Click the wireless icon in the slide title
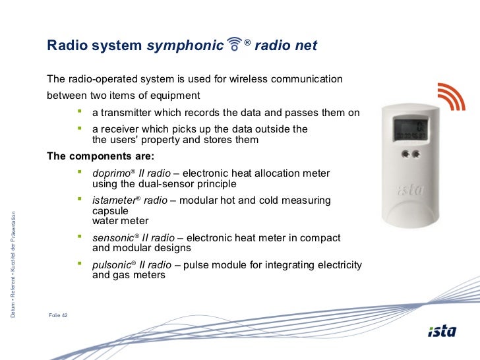pyautogui.click(x=235, y=44)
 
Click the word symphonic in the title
pyautogui.click(x=185, y=45)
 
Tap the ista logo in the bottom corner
pyautogui.click(x=442, y=331)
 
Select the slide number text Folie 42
pyautogui.click(x=58, y=315)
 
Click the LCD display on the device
pyautogui.click(x=410, y=130)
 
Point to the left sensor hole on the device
pyautogui.click(x=405, y=154)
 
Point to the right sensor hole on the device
pyautogui.click(x=416, y=154)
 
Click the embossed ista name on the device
pyautogui.click(x=411, y=190)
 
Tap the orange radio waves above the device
pyautogui.click(x=452, y=96)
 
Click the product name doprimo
pyautogui.click(x=111, y=173)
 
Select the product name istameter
pyautogui.click(x=114, y=200)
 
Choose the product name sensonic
pyautogui.click(x=113, y=238)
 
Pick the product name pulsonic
pyautogui.click(x=112, y=265)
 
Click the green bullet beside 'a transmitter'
pyautogui.click(x=80, y=111)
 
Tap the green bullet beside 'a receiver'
pyautogui.click(x=80, y=129)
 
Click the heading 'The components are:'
pyautogui.click(x=101, y=156)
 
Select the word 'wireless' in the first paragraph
pyautogui.click(x=249, y=79)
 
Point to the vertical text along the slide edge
pyautogui.click(x=13, y=264)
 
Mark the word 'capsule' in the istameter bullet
pyautogui.click(x=110, y=211)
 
